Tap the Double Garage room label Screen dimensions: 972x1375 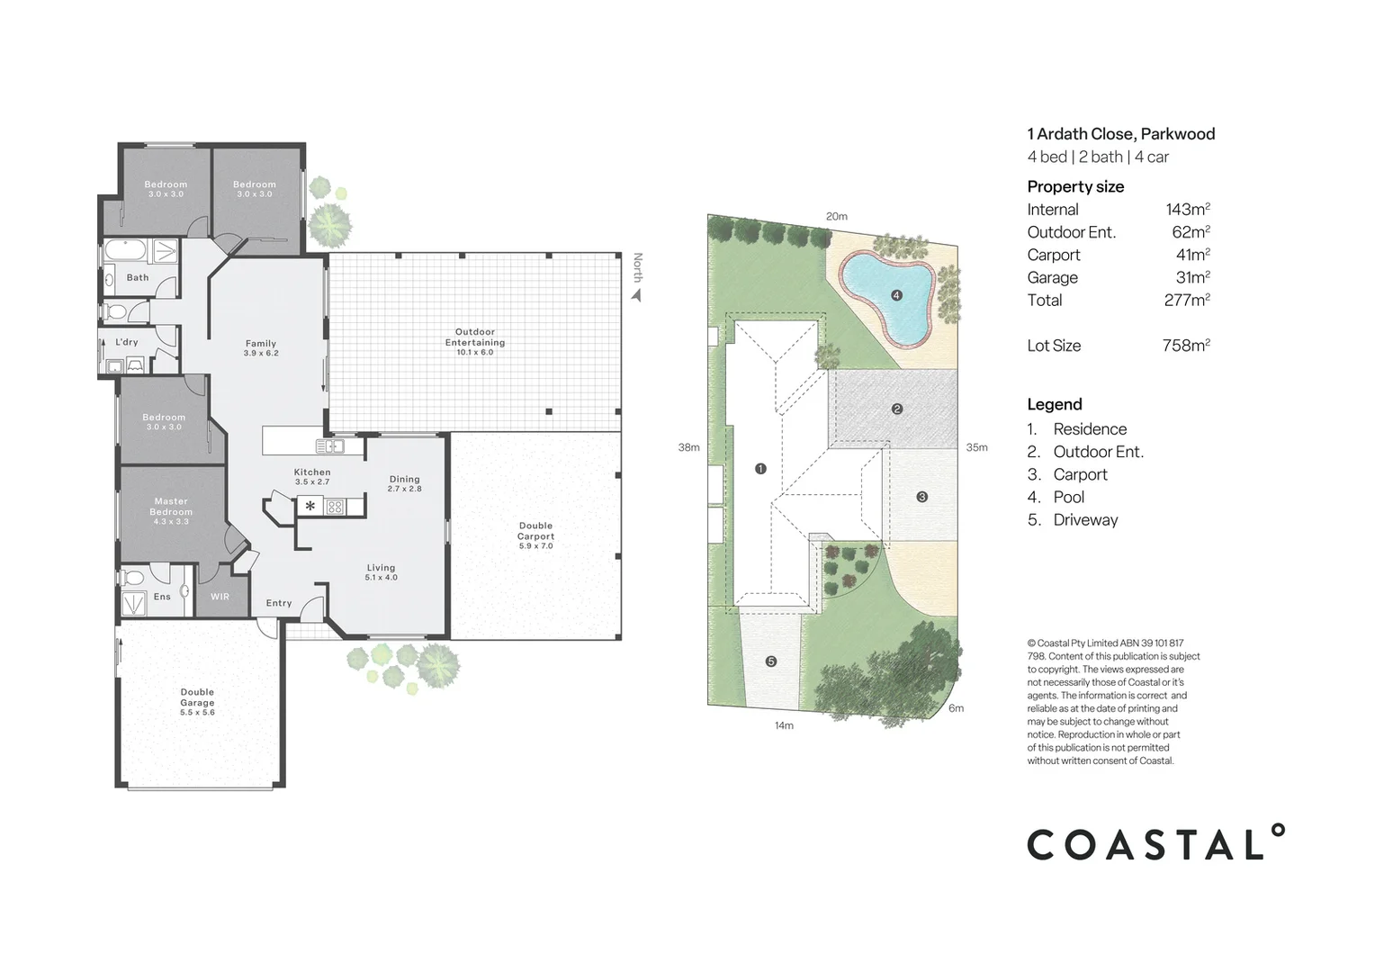(x=197, y=697)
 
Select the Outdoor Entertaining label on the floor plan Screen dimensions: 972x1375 (x=474, y=337)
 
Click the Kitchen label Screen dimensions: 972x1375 (x=312, y=472)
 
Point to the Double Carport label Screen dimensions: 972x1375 (x=535, y=531)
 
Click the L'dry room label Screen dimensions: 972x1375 (x=127, y=342)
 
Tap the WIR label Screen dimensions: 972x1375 (x=220, y=597)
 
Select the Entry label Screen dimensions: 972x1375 (x=279, y=603)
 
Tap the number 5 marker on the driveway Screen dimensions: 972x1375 (x=770, y=661)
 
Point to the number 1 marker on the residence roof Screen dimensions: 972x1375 (x=760, y=468)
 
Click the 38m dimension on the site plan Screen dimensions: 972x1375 (x=688, y=447)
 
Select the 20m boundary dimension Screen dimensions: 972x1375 (x=836, y=216)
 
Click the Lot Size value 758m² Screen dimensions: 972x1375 (x=1185, y=346)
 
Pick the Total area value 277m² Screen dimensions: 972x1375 (x=1186, y=301)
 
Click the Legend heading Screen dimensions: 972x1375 (x=1055, y=405)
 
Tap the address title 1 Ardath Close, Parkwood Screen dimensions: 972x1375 (x=1120, y=134)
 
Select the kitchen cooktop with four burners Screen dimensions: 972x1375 (x=335, y=507)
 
